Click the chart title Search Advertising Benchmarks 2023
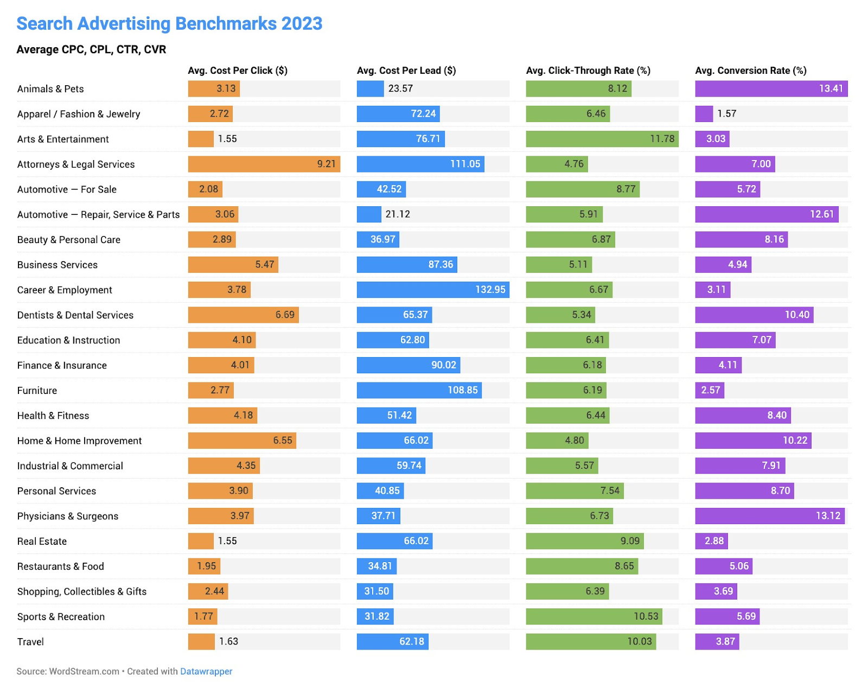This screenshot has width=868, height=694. [169, 24]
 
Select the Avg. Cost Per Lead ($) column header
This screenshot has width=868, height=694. [406, 71]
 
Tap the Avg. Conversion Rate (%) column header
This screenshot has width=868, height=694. [750, 71]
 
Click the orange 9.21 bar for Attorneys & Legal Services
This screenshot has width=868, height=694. [264, 164]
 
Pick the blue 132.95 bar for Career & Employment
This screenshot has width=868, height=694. [432, 290]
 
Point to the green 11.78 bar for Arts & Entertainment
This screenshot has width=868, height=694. [602, 139]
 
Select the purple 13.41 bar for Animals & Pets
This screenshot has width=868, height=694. [771, 88]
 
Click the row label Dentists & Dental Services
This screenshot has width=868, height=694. [75, 315]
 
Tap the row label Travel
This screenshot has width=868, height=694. [30, 642]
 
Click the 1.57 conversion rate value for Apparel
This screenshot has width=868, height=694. [726, 113]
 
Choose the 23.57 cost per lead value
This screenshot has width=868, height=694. [400, 88]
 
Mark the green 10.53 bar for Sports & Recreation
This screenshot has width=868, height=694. [594, 616]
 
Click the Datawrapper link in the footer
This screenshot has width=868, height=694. [206, 671]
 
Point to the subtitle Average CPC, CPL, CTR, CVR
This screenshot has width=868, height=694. [91, 49]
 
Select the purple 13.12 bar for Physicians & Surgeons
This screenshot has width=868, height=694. [769, 516]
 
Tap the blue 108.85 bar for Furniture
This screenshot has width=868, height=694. [419, 390]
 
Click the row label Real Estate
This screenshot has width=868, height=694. [42, 542]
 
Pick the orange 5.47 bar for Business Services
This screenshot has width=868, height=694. [233, 265]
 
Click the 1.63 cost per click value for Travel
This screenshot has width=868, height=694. [228, 641]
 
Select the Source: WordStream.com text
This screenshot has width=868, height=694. [68, 671]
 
